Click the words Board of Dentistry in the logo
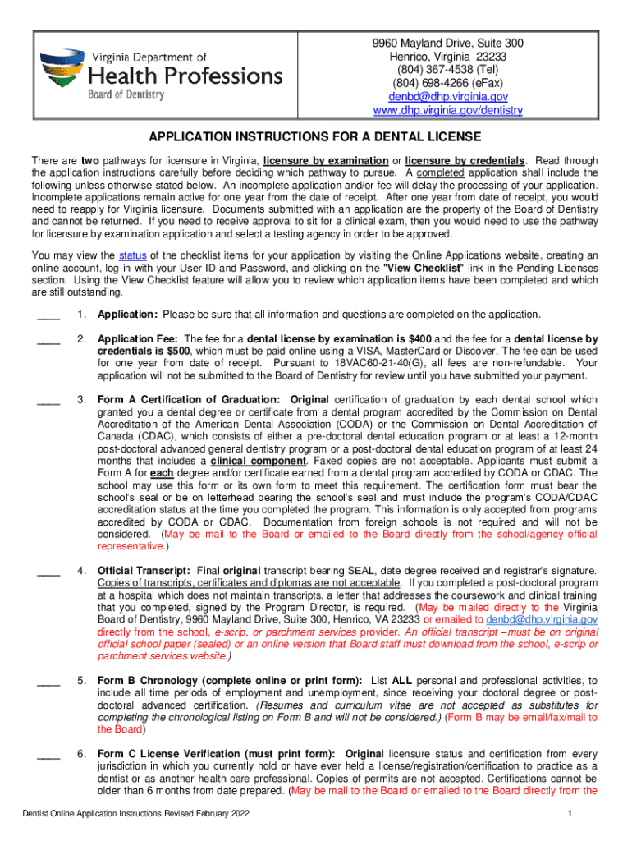point(126,94)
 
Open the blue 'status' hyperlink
point(133,255)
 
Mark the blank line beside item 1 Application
point(48,315)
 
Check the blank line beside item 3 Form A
point(48,400)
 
